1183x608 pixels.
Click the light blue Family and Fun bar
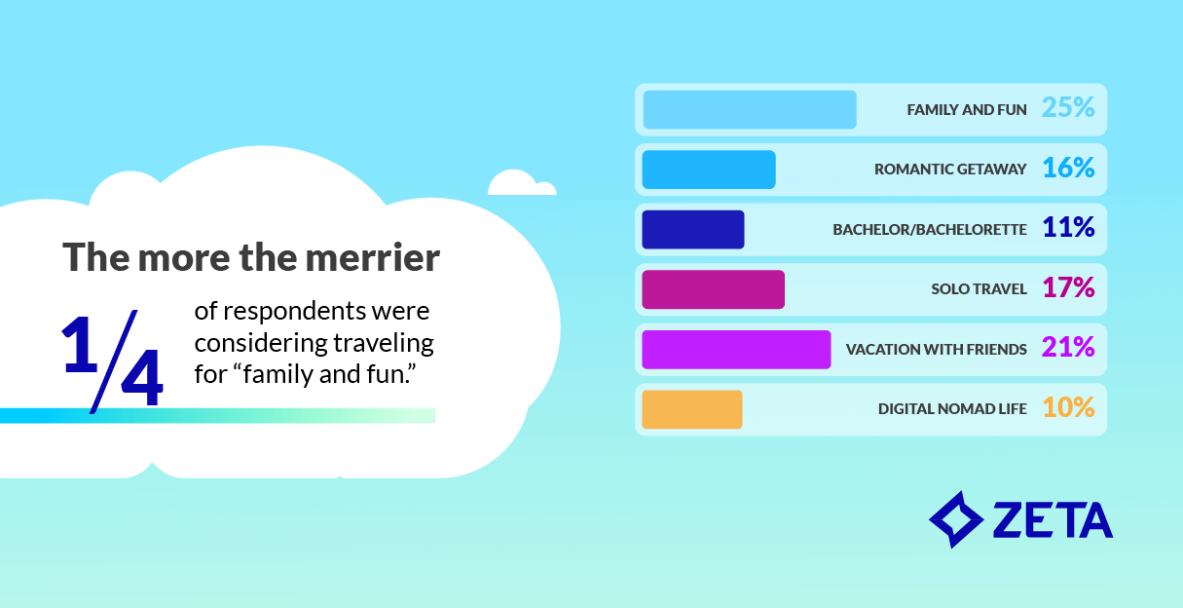[x=749, y=109]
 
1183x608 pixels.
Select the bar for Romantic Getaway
[x=708, y=170]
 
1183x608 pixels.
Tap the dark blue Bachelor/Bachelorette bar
[x=692, y=229]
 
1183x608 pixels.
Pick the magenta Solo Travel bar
[x=713, y=289]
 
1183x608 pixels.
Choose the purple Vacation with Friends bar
[x=736, y=350]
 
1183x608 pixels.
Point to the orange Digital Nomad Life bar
[x=691, y=409]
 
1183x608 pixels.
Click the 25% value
[x=1068, y=108]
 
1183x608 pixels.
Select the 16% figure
[x=1068, y=169]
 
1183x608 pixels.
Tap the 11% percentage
[x=1068, y=229]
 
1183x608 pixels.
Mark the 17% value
[x=1068, y=288]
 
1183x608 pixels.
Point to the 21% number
[x=1068, y=349]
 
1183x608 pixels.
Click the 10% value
[x=1068, y=408]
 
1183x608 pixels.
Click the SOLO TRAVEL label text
[x=979, y=289]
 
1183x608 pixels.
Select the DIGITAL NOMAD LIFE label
[x=952, y=409]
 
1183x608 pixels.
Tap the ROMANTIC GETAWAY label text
[x=950, y=170]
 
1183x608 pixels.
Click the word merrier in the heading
[x=375, y=258]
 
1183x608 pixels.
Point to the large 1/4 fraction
[x=112, y=359]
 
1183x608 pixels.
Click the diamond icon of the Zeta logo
[x=956, y=518]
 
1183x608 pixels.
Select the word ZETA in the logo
[x=1052, y=521]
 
